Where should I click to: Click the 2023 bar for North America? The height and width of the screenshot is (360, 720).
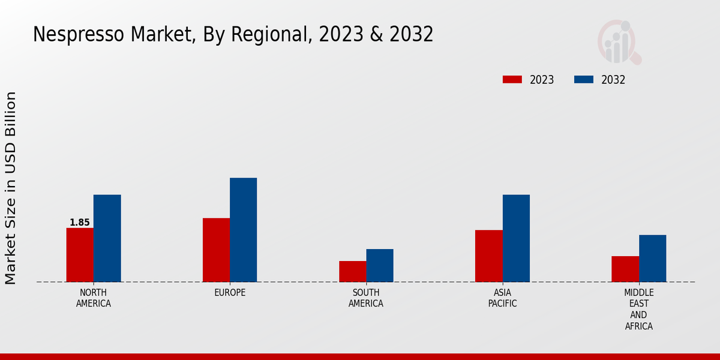point(80,255)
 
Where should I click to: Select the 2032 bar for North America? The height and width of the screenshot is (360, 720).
point(107,238)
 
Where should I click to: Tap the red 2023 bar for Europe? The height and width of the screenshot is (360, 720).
point(216,250)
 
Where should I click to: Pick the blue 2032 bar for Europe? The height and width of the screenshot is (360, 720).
point(243,230)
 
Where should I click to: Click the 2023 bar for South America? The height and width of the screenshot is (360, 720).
point(352,271)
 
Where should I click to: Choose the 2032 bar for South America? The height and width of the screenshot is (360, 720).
point(380,265)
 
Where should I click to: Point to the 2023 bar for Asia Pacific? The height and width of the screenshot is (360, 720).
point(488,256)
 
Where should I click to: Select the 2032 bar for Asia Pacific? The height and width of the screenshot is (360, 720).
point(516,238)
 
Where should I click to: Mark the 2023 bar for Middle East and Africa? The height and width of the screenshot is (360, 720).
point(625,269)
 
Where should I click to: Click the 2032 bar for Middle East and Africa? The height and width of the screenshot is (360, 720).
point(652,258)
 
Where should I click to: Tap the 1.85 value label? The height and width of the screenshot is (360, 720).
point(80,223)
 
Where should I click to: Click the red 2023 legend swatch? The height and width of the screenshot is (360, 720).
point(512,80)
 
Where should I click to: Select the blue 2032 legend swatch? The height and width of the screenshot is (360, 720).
point(584,80)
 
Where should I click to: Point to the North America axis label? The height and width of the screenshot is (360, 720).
point(94,298)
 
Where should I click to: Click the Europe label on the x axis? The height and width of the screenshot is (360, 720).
point(230,293)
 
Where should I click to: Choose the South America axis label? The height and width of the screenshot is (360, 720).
point(366,298)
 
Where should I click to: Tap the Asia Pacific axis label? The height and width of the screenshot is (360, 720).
point(502,298)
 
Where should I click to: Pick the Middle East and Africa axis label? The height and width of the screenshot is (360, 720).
point(638,310)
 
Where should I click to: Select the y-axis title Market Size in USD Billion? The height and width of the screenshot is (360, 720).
point(11,188)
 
